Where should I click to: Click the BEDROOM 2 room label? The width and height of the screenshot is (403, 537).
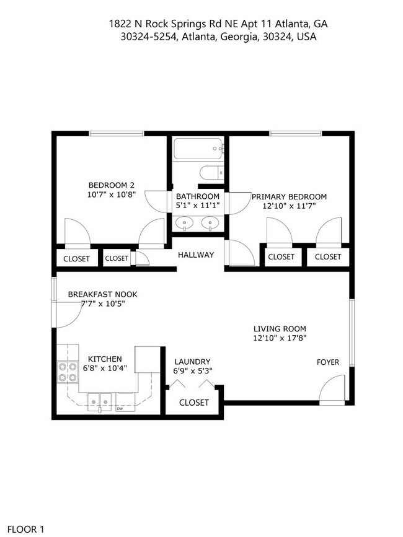[112, 185]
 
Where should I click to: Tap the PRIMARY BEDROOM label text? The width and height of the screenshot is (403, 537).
[289, 197]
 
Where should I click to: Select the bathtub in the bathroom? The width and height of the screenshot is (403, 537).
[198, 149]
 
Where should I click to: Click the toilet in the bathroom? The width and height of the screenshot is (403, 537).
[210, 173]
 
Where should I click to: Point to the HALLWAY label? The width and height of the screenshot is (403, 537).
[196, 255]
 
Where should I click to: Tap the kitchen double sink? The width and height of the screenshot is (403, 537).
[100, 401]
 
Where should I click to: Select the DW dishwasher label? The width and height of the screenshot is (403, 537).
[119, 409]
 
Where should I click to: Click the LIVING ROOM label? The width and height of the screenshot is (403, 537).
[280, 329]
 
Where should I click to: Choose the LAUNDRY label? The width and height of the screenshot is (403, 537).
[192, 362]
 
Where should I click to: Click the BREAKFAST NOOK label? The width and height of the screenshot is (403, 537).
[102, 294]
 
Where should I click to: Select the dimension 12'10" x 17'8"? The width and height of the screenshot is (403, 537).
[280, 338]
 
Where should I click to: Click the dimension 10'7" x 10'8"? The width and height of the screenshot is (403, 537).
[112, 194]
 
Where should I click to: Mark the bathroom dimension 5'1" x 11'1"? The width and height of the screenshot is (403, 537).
[198, 206]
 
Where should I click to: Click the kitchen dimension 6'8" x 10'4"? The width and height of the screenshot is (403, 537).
[105, 369]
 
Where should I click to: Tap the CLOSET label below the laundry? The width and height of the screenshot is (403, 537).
[194, 403]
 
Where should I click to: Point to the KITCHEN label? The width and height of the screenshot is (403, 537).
[105, 359]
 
